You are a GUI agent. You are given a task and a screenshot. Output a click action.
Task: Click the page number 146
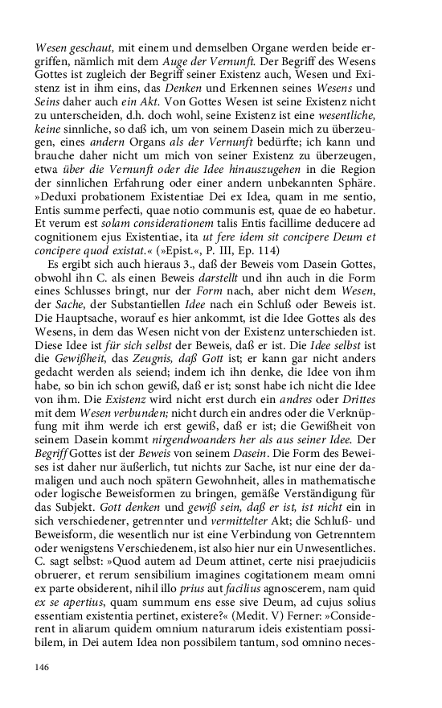point(43,666)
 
